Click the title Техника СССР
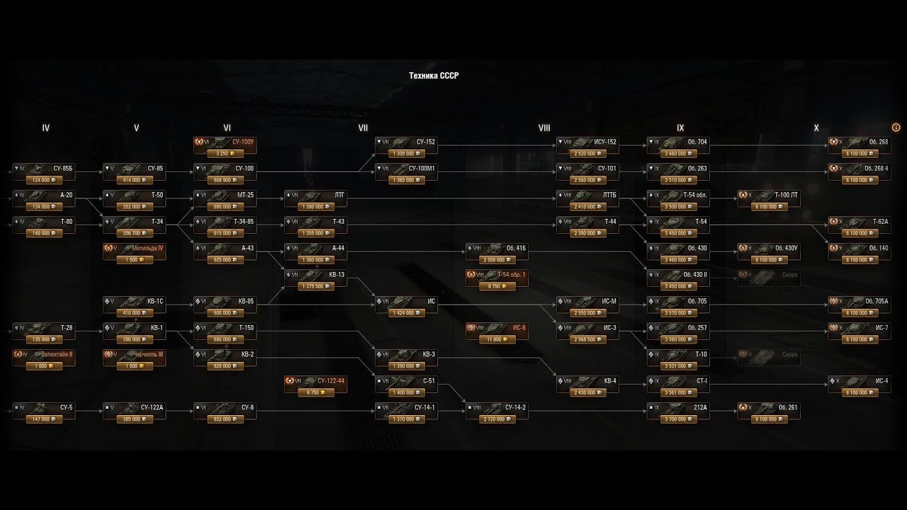click(x=434, y=75)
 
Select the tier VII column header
click(x=363, y=128)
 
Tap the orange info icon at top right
click(x=896, y=127)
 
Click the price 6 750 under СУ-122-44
click(x=315, y=392)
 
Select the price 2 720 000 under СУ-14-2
click(x=497, y=419)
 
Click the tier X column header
click(x=816, y=128)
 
